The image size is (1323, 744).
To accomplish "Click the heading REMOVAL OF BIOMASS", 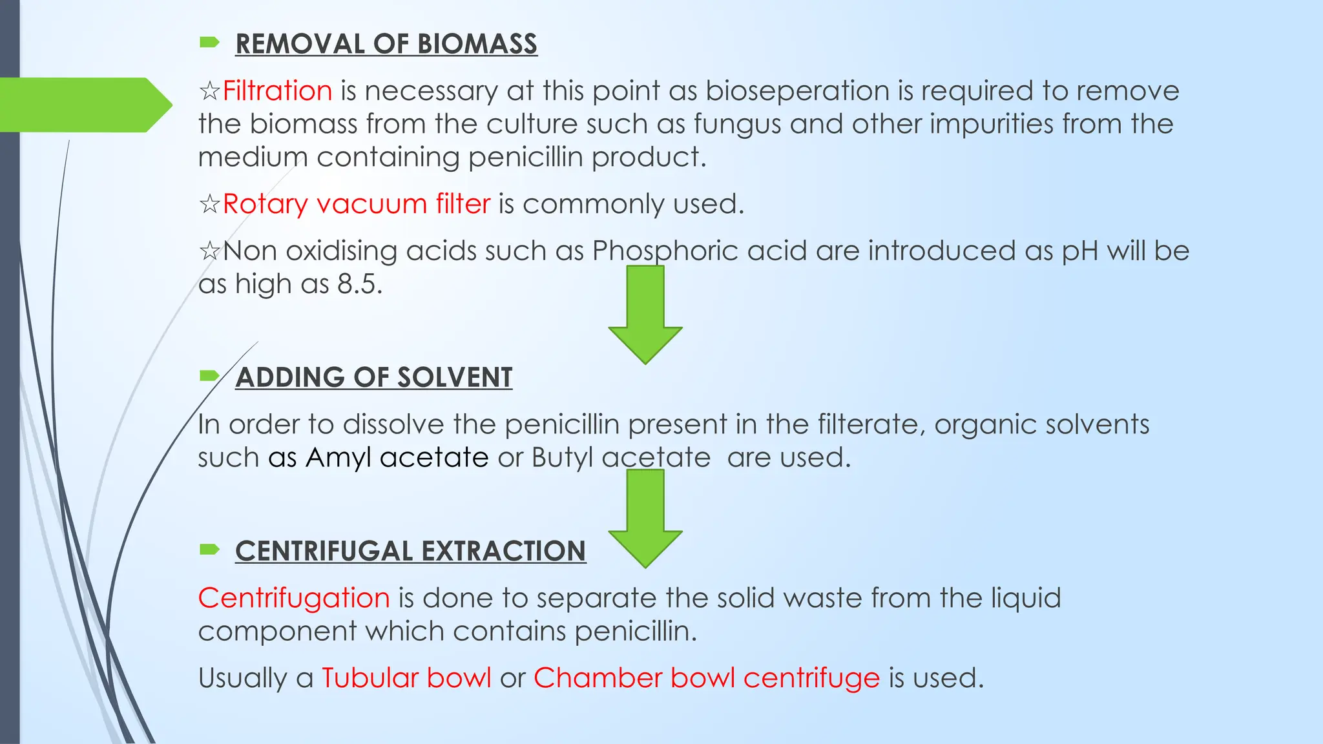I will (x=386, y=44).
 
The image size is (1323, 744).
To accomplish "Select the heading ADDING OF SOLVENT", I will (x=373, y=377).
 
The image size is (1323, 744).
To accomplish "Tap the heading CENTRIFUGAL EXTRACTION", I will (x=410, y=552).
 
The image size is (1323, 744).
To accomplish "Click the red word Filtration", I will (x=277, y=90).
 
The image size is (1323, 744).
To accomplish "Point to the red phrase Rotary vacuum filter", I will (x=357, y=204).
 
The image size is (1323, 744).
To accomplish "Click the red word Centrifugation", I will (x=294, y=598).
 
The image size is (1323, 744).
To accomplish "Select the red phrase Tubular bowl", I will (x=406, y=678).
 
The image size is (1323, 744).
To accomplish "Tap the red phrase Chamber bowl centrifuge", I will (x=707, y=678).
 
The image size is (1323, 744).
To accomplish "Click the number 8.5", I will (x=360, y=284).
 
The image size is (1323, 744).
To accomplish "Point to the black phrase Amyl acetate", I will (x=397, y=458).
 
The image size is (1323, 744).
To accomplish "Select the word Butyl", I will (x=562, y=458).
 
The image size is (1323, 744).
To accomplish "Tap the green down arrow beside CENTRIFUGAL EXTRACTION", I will (x=645, y=519).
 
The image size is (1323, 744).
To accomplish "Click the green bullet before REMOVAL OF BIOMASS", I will (x=209, y=43).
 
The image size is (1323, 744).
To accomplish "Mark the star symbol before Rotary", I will (x=209, y=205).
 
